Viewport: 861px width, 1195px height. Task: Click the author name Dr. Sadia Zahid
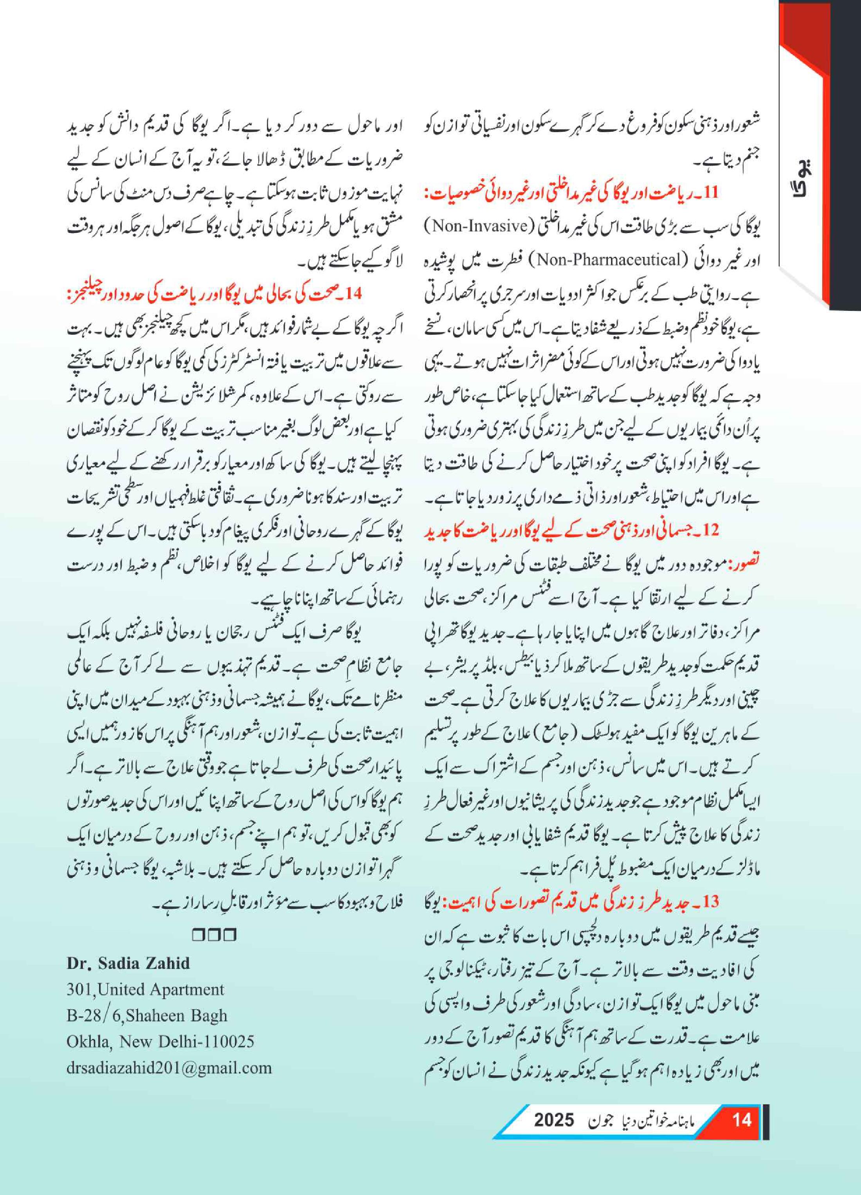[128, 963]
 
